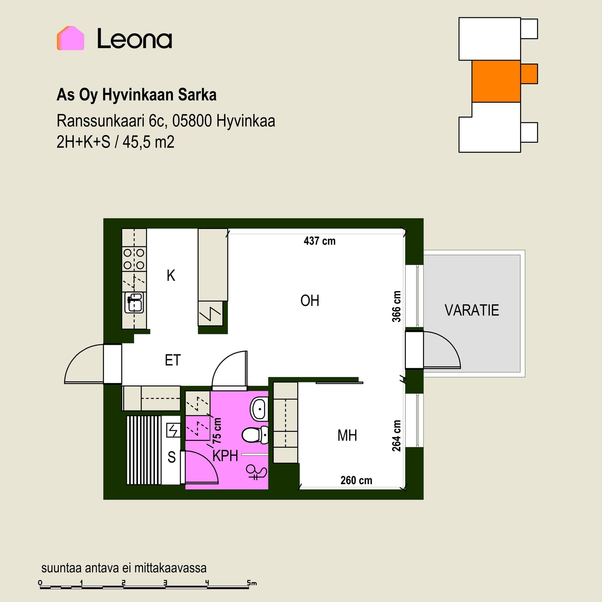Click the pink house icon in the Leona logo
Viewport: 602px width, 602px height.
click(x=70, y=38)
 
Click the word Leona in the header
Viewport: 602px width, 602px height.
click(x=135, y=39)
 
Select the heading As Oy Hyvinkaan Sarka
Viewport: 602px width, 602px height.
click(x=136, y=95)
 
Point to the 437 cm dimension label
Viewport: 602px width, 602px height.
click(x=319, y=241)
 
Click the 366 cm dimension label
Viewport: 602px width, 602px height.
click(x=397, y=306)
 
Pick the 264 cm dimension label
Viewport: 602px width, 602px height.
click(x=397, y=436)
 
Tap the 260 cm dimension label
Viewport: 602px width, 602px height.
click(x=356, y=480)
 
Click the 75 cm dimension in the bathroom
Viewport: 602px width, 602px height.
click(x=217, y=430)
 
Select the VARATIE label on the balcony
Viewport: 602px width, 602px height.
click(x=472, y=310)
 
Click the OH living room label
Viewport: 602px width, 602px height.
click(x=310, y=301)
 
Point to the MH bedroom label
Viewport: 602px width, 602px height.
click(x=347, y=436)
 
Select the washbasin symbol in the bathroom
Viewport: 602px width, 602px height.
click(x=259, y=409)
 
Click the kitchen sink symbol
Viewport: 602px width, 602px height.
click(x=134, y=302)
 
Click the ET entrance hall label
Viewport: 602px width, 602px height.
click(x=173, y=360)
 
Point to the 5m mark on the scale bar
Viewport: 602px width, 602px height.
click(x=251, y=583)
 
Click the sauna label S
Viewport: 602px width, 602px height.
click(x=172, y=457)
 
